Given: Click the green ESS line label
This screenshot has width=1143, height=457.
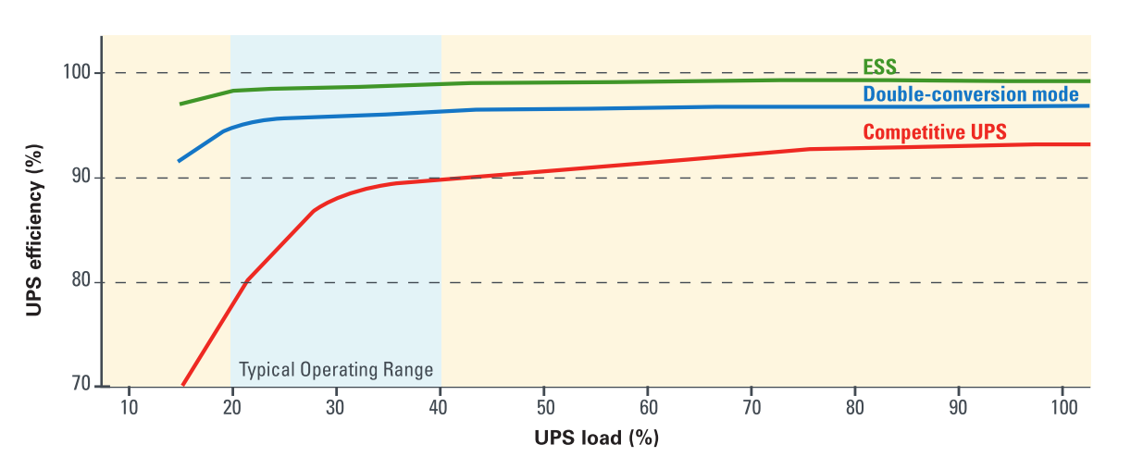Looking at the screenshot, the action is tap(879, 67).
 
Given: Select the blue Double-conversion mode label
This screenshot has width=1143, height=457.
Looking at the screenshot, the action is tap(971, 94).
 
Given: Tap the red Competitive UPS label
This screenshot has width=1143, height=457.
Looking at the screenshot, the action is tap(935, 132).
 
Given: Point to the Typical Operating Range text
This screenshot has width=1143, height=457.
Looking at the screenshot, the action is tap(336, 369).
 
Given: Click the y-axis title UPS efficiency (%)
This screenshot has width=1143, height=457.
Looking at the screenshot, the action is tap(33, 230).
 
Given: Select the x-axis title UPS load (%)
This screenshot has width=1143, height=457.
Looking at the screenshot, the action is tap(597, 438).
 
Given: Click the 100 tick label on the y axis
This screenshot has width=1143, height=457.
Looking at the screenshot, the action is tap(77, 72).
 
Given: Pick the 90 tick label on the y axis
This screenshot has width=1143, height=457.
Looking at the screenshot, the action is tap(81, 177).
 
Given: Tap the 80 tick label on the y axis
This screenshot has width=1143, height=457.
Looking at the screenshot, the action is tap(81, 280).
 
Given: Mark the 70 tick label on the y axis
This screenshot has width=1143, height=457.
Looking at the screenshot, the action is tap(81, 384).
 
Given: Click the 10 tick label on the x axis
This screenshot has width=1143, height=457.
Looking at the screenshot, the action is tap(129, 408).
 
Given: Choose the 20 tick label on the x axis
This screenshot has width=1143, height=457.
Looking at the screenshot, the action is tap(232, 408).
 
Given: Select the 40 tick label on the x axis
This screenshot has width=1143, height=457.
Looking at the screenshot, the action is tap(439, 408).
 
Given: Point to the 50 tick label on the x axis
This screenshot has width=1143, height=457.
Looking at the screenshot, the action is tap(545, 408).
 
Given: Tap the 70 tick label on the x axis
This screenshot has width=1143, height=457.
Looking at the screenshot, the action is tap(752, 408).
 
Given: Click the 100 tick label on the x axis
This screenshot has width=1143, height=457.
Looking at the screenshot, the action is tap(1063, 408).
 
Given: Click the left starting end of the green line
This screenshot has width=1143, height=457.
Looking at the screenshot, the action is tap(180, 104).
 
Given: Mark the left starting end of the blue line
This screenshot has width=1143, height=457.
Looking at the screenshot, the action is tap(179, 161).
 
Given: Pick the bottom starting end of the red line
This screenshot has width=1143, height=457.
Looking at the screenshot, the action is tap(182, 385).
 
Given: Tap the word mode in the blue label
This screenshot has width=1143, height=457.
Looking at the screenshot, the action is tap(1053, 94).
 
